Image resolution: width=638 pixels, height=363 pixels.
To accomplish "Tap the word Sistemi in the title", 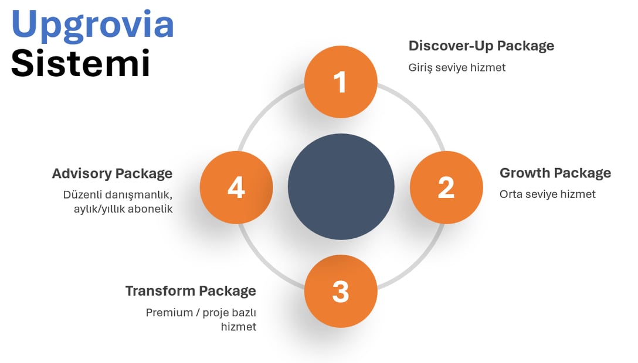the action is [80, 63].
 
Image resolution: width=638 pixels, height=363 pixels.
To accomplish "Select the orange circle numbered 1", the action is [341, 82].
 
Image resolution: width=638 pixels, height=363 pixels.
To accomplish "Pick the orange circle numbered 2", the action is [446, 187].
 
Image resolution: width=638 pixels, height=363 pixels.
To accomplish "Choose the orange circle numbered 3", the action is [341, 291].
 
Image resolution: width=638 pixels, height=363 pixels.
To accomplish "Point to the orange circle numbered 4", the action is [236, 187].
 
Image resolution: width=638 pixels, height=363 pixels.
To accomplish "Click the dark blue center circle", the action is [341, 187].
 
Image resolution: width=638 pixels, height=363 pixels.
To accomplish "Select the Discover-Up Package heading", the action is [481, 46].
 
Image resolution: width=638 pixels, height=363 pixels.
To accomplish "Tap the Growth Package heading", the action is [555, 173].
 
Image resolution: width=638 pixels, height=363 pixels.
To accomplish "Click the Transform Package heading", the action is [191, 291].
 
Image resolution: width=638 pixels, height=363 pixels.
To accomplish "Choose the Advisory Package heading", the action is [113, 174].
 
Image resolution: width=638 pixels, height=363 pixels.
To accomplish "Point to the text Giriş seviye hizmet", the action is [457, 68].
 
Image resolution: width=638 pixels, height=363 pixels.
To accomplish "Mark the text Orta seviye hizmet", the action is [548, 194].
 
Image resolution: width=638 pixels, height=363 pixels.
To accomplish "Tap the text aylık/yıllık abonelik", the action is [123, 209].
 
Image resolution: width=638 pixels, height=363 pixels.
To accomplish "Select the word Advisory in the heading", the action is [82, 174].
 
